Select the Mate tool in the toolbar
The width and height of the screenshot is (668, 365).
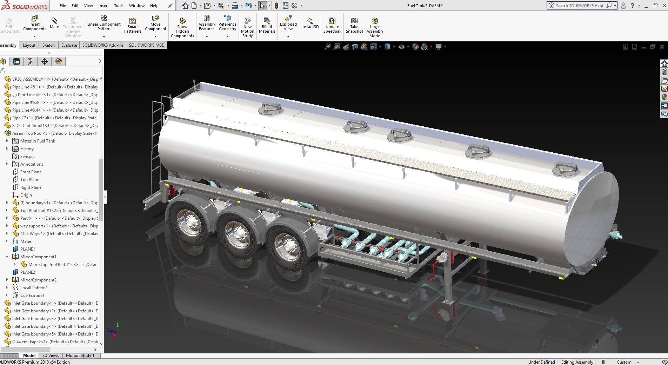54,23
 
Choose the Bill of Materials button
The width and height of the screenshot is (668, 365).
267,25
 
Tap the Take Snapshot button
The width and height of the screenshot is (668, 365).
354,25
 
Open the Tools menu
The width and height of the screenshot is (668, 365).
119,6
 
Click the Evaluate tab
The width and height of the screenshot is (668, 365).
69,45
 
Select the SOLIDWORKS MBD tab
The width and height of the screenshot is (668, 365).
146,45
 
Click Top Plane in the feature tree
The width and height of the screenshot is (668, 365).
29,180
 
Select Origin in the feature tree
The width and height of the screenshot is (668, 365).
26,195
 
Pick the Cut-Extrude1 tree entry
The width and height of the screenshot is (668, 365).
32,296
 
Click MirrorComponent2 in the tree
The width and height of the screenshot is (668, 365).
38,280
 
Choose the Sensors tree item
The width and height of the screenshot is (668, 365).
27,157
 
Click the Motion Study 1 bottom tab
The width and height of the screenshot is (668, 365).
80,356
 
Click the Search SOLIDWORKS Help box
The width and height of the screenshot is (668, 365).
579,6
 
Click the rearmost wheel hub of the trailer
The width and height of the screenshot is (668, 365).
190,222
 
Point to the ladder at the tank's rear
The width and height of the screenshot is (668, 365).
157,140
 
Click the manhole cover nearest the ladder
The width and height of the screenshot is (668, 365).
270,108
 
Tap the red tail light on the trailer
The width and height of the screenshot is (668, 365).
172,190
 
